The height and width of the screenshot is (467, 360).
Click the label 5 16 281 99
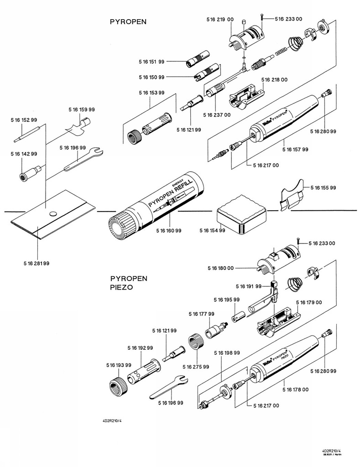[x=36, y=264]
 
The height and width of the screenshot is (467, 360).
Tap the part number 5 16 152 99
[x=24, y=120]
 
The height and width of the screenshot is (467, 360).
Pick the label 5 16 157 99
[x=296, y=149]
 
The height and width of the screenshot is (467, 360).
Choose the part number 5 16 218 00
[x=274, y=80]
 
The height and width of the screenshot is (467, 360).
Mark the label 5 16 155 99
[x=323, y=187]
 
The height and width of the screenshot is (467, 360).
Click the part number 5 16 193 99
[x=119, y=365]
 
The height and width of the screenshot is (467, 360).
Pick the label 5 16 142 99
[x=24, y=154]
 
